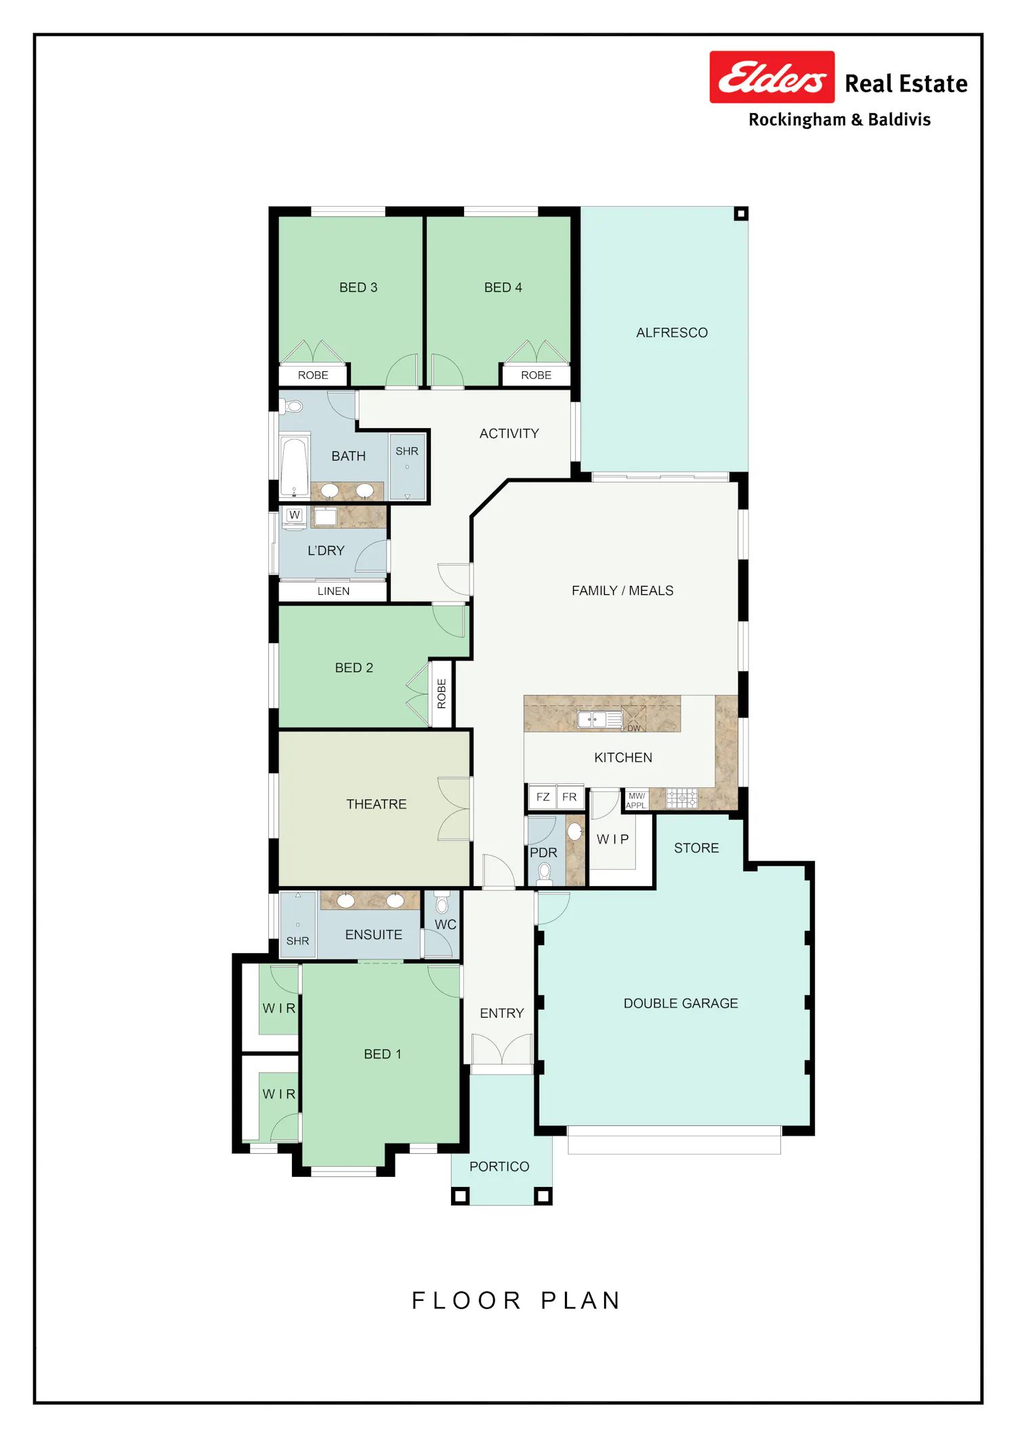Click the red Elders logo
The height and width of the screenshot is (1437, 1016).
pos(771,77)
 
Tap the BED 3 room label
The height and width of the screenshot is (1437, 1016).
pos(358,287)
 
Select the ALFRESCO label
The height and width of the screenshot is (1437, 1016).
pos(672,333)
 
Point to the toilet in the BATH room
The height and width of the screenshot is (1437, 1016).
pos(292,407)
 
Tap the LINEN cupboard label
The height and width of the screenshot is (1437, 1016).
pos(334,591)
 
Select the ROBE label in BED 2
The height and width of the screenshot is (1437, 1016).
pos(442,693)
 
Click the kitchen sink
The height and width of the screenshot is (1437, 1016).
pos(599,720)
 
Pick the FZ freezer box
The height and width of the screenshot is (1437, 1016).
pos(543,797)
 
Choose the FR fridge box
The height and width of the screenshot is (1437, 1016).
pos(570,797)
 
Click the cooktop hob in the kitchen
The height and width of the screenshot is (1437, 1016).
pos(681,798)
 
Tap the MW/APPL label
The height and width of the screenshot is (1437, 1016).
pos(636,800)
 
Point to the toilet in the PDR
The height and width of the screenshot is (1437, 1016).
pos(544,873)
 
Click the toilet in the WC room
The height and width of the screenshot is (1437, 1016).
pos(442,902)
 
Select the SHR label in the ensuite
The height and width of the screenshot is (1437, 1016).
pos(297,941)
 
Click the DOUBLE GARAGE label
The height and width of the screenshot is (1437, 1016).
pos(681,1003)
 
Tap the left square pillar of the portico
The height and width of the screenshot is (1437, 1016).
pos(461,1196)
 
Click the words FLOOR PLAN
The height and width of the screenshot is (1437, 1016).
pos(516,1300)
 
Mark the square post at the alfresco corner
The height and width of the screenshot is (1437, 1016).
pos(741,214)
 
